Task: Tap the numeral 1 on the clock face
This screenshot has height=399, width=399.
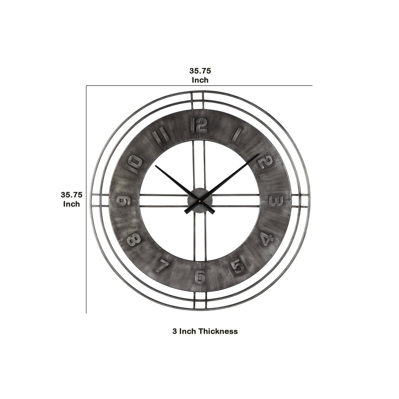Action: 237,134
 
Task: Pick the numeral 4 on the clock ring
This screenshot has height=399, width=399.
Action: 266,239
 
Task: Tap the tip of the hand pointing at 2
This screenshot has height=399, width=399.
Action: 259,154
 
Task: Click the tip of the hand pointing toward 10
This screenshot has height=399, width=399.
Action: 156,166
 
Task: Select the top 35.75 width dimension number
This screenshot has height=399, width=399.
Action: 200,71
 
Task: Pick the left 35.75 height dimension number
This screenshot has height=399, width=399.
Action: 72,195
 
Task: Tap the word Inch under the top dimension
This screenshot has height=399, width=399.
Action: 200,80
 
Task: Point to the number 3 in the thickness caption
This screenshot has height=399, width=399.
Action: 175,331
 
